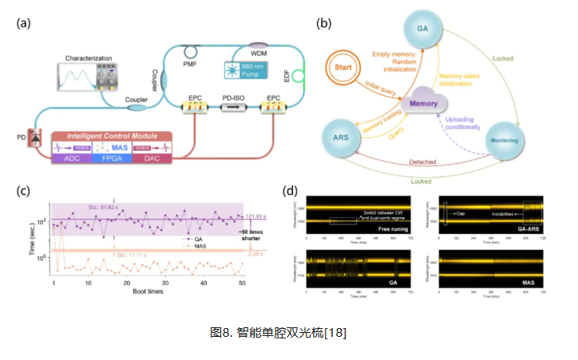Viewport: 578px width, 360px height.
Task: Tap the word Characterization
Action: click(x=89, y=57)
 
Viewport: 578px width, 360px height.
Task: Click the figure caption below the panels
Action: click(x=289, y=330)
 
